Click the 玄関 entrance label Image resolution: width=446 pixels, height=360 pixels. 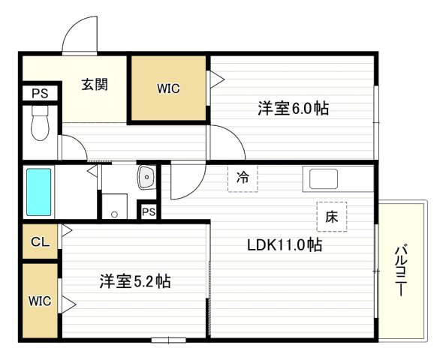pos(94,84)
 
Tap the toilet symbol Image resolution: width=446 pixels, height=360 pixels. pos(39,126)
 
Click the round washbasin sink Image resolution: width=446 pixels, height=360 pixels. pos(146,178)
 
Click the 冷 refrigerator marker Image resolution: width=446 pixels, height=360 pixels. pos(243,178)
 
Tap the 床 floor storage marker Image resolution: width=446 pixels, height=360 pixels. pos(331,217)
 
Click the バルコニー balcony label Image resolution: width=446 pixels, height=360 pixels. pos(402,270)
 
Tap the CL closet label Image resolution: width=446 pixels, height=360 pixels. pos(40,242)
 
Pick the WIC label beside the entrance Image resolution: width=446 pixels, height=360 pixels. pos(168,88)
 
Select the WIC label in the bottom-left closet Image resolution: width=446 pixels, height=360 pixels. pos(40,301)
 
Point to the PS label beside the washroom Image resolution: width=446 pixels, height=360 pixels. pos(149,211)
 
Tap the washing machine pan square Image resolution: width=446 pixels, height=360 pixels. pos(115,206)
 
